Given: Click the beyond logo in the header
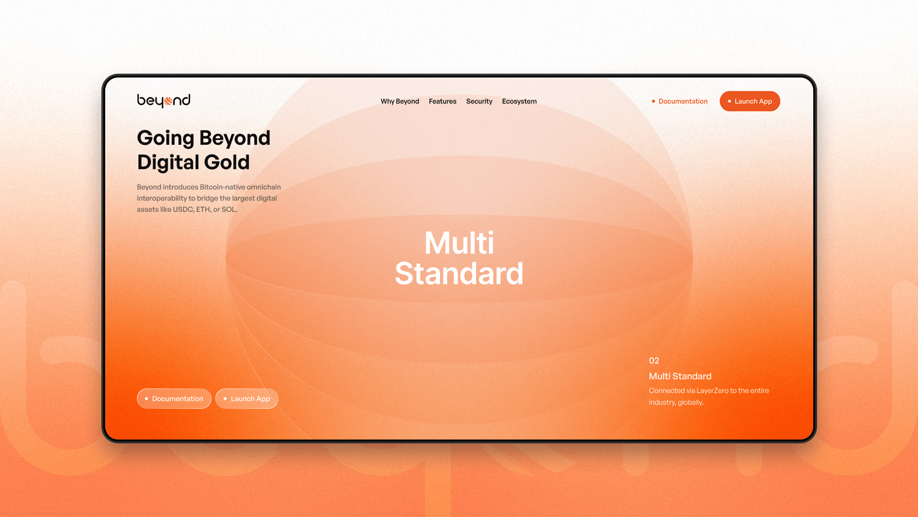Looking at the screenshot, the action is (164, 101).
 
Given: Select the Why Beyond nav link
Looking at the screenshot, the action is (400, 101).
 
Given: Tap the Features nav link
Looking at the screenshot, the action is (442, 101).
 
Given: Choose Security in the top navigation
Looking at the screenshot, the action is (479, 101).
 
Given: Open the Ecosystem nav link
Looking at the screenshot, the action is (519, 101).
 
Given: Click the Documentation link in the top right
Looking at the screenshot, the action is (683, 101).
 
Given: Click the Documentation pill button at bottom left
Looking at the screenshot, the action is (174, 399).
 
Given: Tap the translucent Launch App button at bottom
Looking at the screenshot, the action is (247, 399).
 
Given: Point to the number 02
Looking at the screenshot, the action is (654, 361).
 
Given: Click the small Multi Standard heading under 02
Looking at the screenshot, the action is (680, 376).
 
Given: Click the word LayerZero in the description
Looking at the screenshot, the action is (712, 391).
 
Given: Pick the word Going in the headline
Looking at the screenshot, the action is (165, 138).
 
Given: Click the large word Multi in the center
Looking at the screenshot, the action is (459, 243).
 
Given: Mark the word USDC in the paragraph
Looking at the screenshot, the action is (183, 210).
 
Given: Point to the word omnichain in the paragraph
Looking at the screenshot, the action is (263, 187).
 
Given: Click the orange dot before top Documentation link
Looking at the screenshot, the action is (653, 101).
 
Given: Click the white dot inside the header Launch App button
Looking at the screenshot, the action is (729, 101).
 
